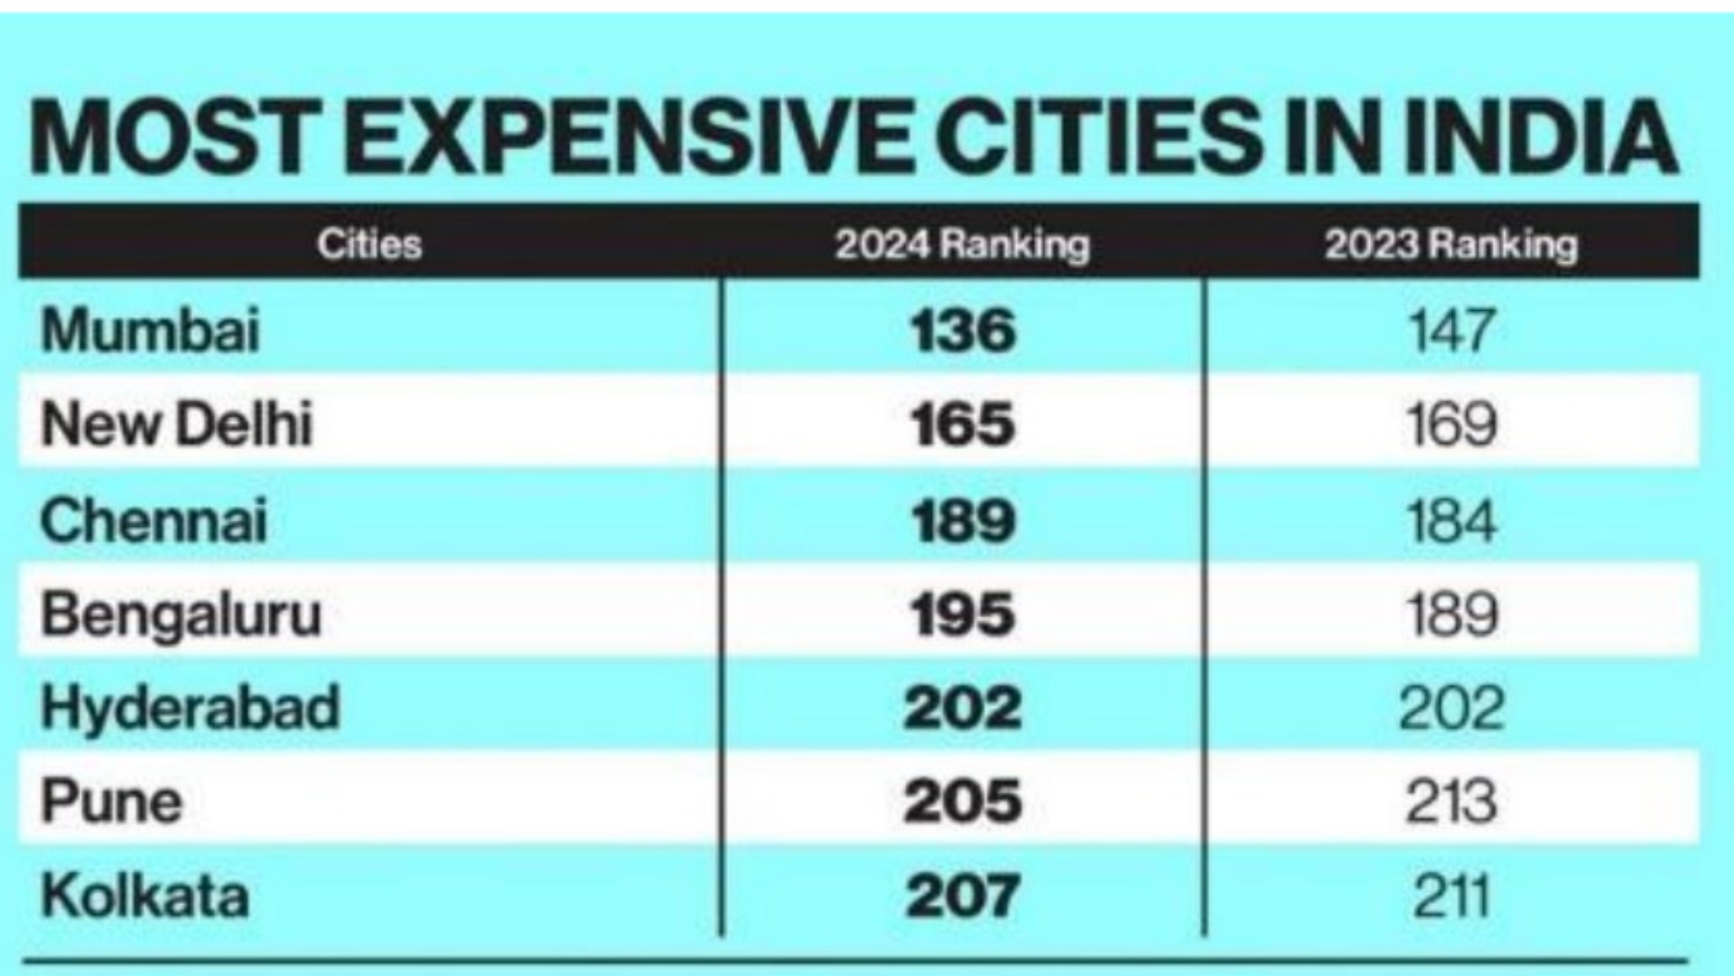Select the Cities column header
369,244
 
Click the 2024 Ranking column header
962,244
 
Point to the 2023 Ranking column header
1450,244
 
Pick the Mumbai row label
151,330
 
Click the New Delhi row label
177,425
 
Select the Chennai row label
154,521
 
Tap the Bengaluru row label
181,615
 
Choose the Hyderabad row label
191,709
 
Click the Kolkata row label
144,896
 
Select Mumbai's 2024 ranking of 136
963,330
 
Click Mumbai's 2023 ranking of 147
1451,330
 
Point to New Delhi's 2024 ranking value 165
963,425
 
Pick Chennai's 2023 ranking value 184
1451,521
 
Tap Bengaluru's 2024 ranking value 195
963,615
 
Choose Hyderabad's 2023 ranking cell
1451,709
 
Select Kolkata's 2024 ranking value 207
963,896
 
